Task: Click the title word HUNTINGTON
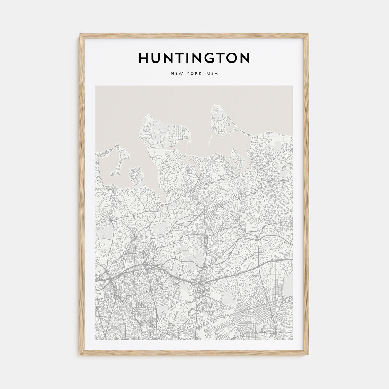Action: [194, 58]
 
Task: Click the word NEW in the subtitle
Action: [177, 74]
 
